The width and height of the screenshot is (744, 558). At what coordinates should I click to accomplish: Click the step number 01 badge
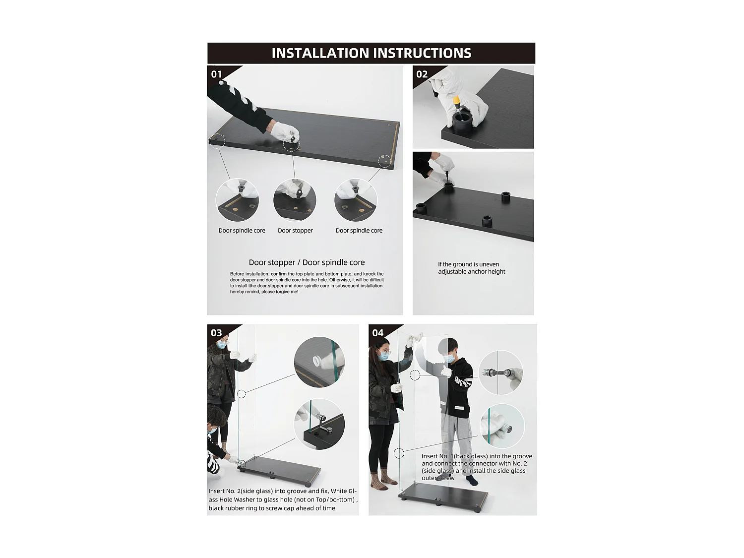(216, 74)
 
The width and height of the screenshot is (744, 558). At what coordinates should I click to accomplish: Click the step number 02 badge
(422, 74)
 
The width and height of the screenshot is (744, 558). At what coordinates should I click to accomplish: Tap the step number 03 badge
(216, 333)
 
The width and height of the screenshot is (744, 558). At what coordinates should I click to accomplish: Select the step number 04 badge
(377, 333)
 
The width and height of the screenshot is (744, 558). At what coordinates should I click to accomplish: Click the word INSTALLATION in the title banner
(320, 53)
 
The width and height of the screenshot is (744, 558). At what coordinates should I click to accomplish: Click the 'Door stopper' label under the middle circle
(295, 230)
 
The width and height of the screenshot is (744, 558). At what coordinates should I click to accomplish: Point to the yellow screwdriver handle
(456, 100)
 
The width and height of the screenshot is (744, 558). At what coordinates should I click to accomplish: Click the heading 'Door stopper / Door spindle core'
(307, 262)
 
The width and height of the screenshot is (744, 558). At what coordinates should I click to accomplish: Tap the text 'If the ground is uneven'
(468, 264)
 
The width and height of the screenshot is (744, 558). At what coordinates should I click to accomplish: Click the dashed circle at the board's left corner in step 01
(217, 140)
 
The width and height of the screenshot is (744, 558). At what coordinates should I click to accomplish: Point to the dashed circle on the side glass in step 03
(242, 394)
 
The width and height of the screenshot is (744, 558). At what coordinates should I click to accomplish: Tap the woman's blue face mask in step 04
(384, 356)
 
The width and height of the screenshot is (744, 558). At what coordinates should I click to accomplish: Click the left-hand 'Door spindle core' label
(242, 230)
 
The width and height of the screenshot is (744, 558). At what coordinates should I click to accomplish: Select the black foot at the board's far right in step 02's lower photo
(506, 197)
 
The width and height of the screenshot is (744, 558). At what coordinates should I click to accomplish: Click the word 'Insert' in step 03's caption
(217, 491)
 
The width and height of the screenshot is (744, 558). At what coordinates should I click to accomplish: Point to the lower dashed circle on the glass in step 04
(399, 453)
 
